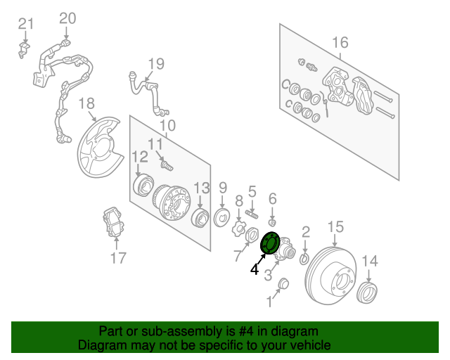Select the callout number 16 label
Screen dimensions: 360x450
(340, 43)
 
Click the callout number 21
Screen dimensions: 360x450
(25, 24)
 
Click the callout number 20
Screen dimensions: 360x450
(67, 18)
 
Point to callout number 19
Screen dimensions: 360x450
(155, 64)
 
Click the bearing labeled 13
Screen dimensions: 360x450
(200, 217)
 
